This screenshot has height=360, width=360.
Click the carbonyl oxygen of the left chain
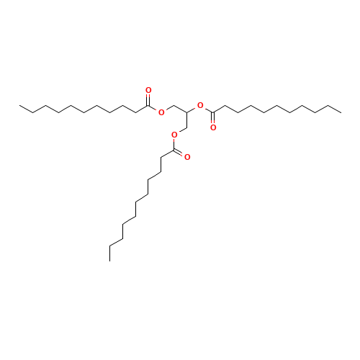pos(149,91)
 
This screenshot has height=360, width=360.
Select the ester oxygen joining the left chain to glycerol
pos(161,112)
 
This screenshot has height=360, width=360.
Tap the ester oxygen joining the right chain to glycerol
pos(199,105)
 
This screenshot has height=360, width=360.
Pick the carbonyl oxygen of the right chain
pos(214,126)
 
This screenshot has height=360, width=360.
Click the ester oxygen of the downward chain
pos(174,134)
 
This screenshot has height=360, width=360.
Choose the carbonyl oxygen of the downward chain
pos(187,156)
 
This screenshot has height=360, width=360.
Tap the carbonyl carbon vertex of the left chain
pos(148,105)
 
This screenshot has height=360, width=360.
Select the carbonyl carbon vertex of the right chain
pos(212,112)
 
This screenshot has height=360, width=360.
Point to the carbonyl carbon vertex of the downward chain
pos(174,150)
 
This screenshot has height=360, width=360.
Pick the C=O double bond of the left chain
pos(148,98)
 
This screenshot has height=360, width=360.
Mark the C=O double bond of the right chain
pos(213,119)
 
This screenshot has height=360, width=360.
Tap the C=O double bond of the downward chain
pos(181,153)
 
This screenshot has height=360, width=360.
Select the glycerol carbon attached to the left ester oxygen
pos(174,105)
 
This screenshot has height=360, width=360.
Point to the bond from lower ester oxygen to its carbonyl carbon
pos(174,142)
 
